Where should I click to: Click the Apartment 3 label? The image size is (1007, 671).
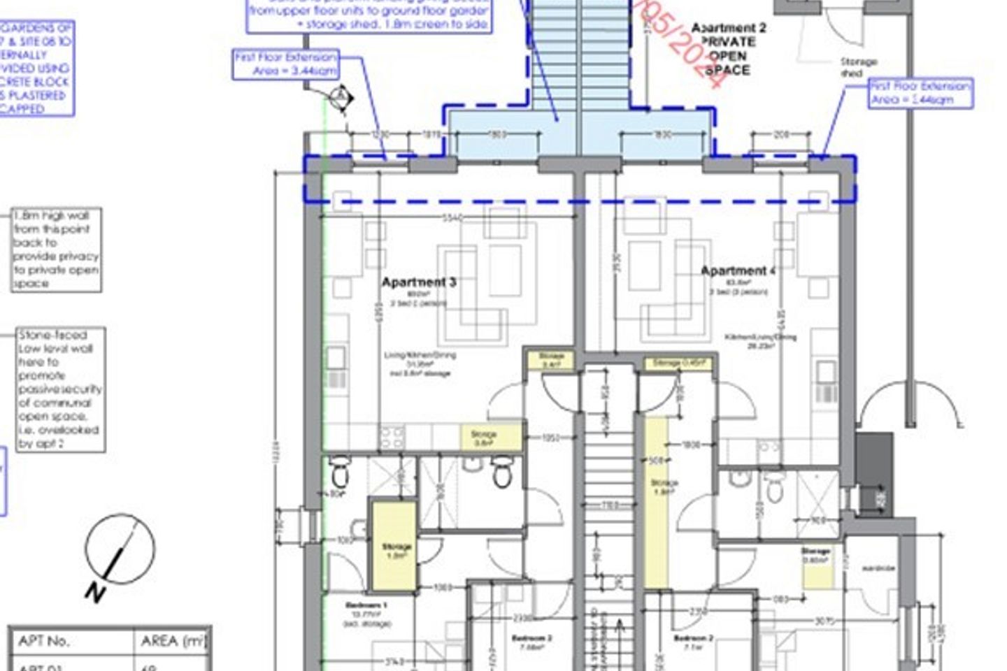click(419, 282)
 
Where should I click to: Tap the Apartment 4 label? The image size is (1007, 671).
click(738, 271)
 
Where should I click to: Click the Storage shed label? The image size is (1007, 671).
click(858, 67)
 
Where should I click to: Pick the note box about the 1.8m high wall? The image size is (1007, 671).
click(56, 250)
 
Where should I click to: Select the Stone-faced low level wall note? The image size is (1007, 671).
click(61, 389)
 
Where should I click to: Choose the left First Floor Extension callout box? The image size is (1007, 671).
click(286, 64)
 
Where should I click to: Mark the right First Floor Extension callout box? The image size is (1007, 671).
click(920, 93)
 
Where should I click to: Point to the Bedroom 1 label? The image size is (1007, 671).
click(366, 605)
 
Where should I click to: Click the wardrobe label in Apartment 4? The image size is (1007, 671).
click(878, 568)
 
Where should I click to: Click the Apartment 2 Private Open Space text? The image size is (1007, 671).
click(728, 49)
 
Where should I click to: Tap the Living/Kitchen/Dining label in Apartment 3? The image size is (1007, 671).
click(420, 355)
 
